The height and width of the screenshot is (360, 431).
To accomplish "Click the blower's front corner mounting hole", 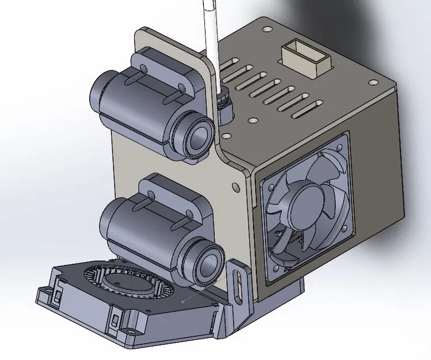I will click(133, 332).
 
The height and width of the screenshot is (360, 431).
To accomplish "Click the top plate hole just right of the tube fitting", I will click(252, 122).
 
